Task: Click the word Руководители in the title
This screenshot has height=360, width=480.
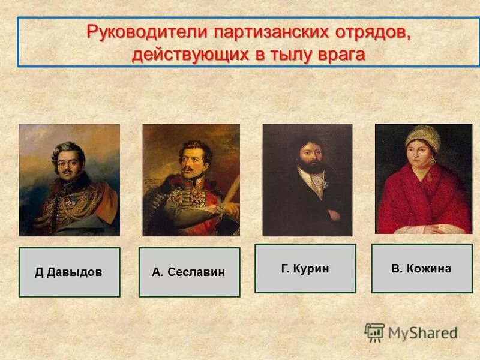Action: [x=143, y=32]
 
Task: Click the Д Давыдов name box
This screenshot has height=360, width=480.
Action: [x=69, y=272]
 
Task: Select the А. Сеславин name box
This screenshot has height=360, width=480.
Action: [x=189, y=272]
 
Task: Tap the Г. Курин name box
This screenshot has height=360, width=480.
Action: [x=305, y=268]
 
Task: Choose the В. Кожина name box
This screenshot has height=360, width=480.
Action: [x=421, y=268]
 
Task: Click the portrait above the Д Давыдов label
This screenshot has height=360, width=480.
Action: [x=70, y=180]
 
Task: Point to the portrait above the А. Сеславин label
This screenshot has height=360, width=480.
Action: [x=191, y=180]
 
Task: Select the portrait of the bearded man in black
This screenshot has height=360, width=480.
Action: [x=307, y=180]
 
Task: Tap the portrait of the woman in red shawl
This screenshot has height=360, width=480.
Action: [x=423, y=179]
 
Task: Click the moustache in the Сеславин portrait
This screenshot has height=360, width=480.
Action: [x=190, y=169]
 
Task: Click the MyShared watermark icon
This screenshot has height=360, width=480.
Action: [x=374, y=332]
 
